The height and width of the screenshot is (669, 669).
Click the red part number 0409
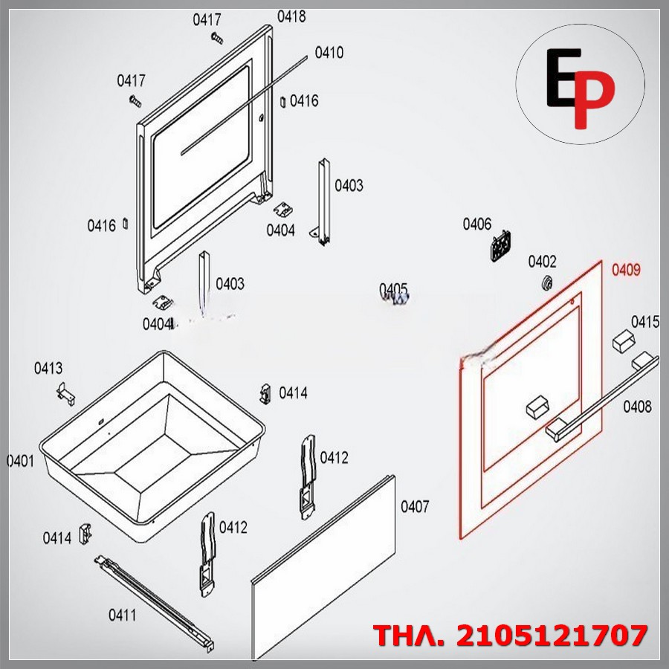click(x=626, y=270)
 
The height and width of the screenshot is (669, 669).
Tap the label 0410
click(x=329, y=53)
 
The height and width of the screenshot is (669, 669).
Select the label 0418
click(x=291, y=16)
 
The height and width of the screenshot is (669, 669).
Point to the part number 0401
click(x=21, y=461)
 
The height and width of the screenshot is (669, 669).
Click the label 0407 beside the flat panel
click(x=415, y=506)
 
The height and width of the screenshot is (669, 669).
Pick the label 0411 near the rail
click(x=123, y=615)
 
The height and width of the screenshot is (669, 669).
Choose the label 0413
click(x=48, y=368)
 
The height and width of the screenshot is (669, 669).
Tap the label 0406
click(x=477, y=224)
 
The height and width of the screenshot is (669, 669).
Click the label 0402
click(x=543, y=261)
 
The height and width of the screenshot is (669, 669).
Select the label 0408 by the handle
click(x=638, y=407)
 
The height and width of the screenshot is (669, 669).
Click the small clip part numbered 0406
click(x=500, y=245)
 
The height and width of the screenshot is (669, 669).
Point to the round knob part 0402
click(x=546, y=282)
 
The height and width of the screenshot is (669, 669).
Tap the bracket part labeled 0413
click(x=65, y=394)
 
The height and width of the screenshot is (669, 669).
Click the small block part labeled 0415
click(x=624, y=340)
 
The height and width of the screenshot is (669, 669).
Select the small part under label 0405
click(x=398, y=299)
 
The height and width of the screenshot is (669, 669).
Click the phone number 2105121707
click(x=552, y=636)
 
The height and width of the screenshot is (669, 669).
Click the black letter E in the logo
click(x=564, y=77)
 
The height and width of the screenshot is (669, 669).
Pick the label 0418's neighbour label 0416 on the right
click(x=304, y=100)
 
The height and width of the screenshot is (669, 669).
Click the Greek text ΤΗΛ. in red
click(x=410, y=636)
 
